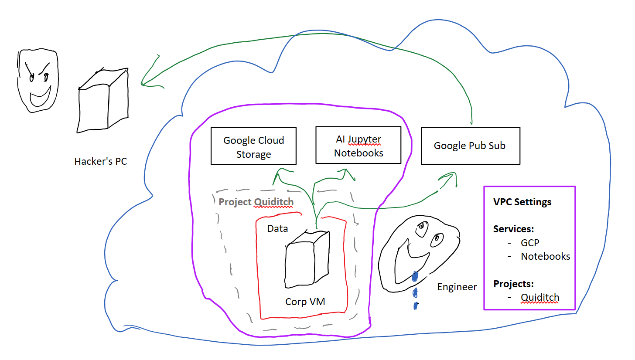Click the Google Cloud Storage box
coord(253,146)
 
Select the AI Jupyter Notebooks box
coord(358,145)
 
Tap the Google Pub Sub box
coord(470,146)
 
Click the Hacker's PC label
coord(100,161)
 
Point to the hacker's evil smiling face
coord(38,81)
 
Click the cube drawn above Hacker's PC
coord(103,100)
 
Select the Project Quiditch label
coord(256,202)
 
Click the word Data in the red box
coord(277,228)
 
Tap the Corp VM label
coord(305,302)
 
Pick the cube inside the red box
coord(306,260)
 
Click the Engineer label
coord(457,287)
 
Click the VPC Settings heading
coord(522,202)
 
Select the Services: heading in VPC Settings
coord(514,229)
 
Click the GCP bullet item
coord(530,243)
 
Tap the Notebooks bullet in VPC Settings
coord(545,256)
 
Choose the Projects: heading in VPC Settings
coord(514,284)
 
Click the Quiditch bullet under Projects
coord(539,298)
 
